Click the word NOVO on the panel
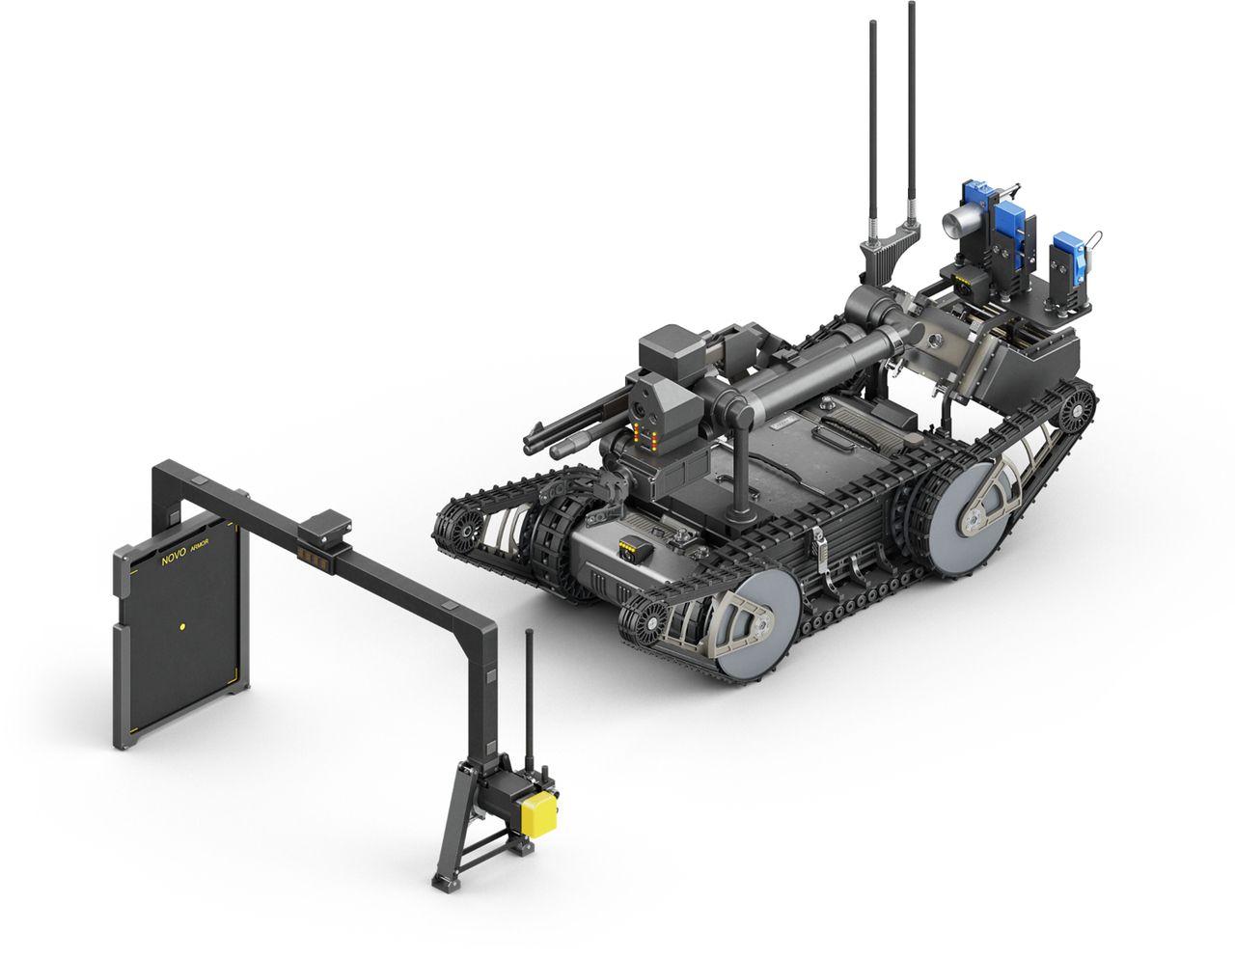174,557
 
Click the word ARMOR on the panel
200,545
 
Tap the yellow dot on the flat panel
182,627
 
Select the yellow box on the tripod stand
538,815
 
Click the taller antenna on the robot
912,114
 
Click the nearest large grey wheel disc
755,624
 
